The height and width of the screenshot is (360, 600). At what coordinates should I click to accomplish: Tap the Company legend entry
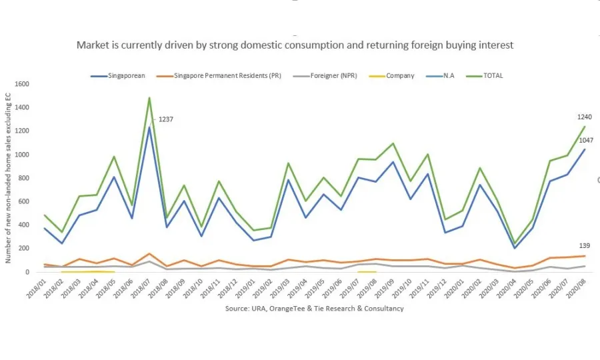[400, 76]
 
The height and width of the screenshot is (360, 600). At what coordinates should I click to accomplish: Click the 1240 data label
[585, 117]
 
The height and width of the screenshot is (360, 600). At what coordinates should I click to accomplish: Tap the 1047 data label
[585, 141]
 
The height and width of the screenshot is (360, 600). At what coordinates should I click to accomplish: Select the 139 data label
[584, 246]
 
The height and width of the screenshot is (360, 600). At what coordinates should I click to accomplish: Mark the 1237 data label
[165, 119]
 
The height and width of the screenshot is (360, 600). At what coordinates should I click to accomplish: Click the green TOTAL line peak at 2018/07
[149, 98]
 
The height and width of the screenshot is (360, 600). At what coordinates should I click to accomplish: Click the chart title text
[295, 45]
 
